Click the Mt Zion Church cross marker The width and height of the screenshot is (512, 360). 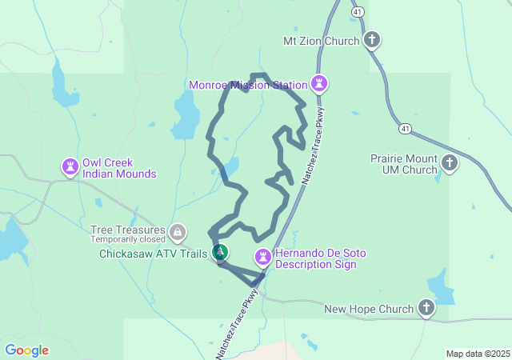pyautogui.click(x=372, y=40)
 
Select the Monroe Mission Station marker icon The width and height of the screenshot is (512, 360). pyautogui.click(x=320, y=84)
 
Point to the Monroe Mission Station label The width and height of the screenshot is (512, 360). pyautogui.click(x=248, y=85)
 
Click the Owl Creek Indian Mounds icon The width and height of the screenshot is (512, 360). pyautogui.click(x=70, y=167)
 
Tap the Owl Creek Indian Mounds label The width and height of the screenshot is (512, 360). pyautogui.click(x=120, y=167)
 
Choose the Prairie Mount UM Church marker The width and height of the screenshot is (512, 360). pyautogui.click(x=450, y=164)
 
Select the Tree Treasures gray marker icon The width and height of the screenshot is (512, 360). pyautogui.click(x=178, y=234)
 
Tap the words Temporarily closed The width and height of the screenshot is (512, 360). pyautogui.click(x=127, y=239)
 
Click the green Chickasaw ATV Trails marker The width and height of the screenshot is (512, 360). pyautogui.click(x=219, y=254)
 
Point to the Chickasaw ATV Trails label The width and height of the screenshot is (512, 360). pyautogui.click(x=154, y=254)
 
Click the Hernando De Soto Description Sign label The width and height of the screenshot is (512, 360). pyautogui.click(x=320, y=258)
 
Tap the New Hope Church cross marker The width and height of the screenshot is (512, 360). pyautogui.click(x=426, y=308)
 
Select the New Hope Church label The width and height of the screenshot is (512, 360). pyautogui.click(x=369, y=309)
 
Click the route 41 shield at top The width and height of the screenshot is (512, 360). pyautogui.click(x=357, y=11)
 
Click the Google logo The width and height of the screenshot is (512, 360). pyautogui.click(x=26, y=350)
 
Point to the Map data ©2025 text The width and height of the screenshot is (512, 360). pyautogui.click(x=478, y=354)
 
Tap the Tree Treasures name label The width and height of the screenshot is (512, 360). pyautogui.click(x=128, y=229)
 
